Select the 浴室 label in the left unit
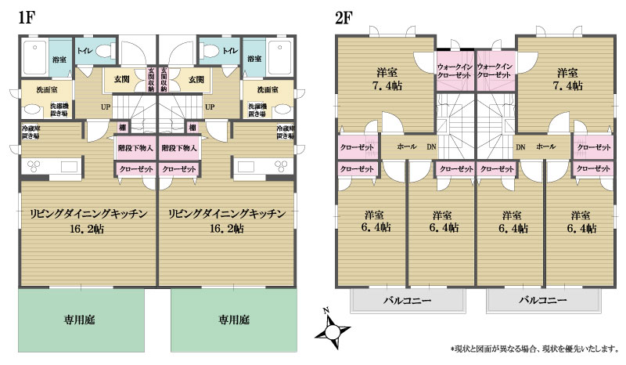59,60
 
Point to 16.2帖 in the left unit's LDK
88,229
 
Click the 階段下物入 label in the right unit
179,147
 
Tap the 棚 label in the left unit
123,127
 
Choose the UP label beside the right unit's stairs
209,107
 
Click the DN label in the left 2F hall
431,146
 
